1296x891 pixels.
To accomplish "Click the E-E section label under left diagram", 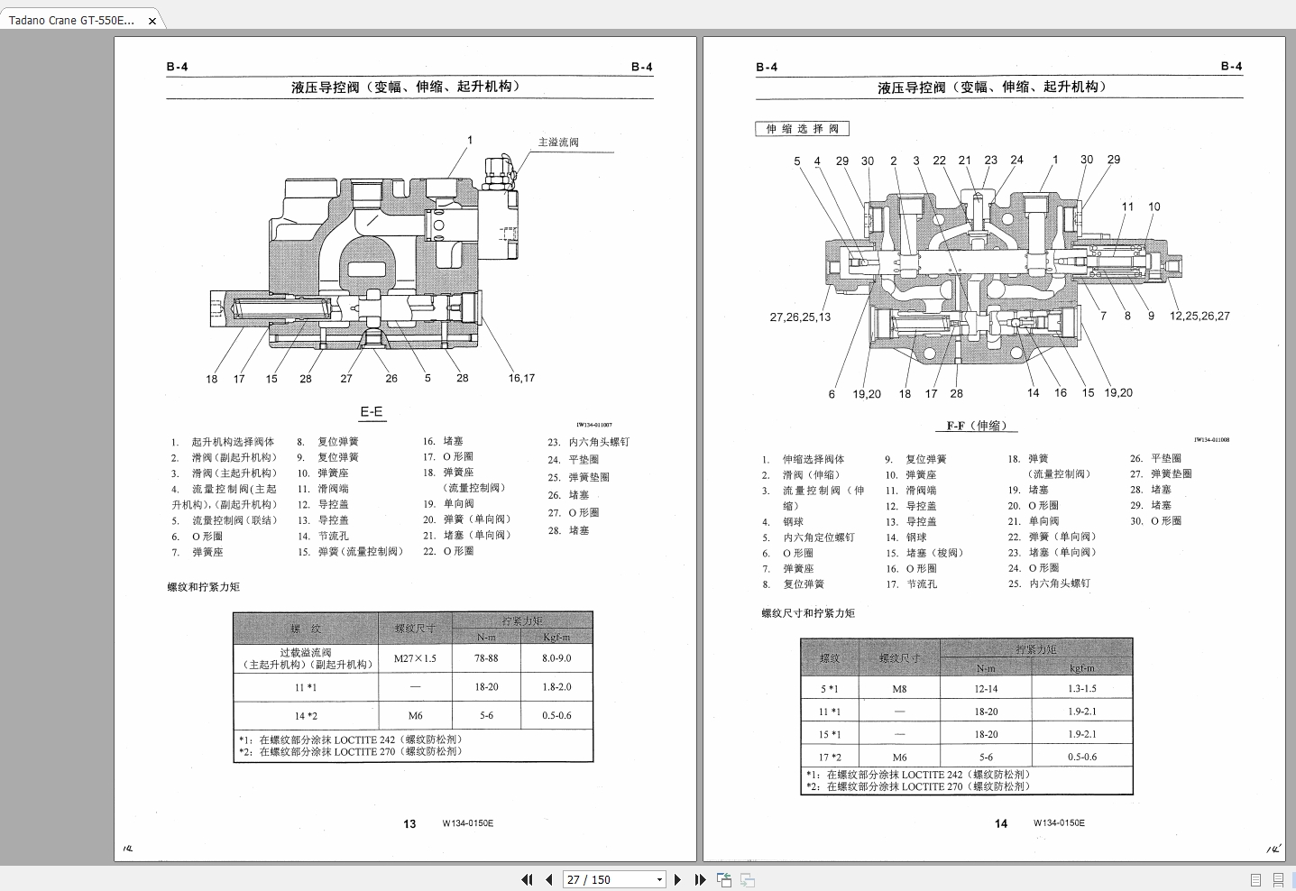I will [x=372, y=412].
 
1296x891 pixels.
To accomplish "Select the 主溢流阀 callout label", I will [x=558, y=142].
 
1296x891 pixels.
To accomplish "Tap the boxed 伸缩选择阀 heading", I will [x=802, y=129].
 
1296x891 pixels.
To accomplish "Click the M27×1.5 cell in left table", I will [x=415, y=658].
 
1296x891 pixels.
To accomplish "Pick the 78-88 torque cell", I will [x=486, y=658].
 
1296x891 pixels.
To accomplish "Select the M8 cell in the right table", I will [x=899, y=689].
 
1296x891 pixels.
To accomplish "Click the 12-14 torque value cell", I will [x=986, y=689].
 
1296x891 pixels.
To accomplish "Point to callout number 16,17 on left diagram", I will [x=521, y=378].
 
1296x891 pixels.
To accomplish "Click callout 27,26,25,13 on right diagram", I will [x=800, y=317].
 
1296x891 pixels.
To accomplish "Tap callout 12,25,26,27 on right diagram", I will [x=1199, y=316].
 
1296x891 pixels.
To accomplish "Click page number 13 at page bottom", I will [x=409, y=823].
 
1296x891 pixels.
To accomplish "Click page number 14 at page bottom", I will [x=1001, y=823].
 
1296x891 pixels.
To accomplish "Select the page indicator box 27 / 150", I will [x=613, y=879].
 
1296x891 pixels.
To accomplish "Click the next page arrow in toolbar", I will [x=678, y=879].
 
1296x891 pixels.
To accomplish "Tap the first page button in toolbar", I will [x=528, y=879].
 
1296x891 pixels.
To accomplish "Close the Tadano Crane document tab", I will [x=152, y=20].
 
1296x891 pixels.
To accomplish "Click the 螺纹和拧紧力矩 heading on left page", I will [x=204, y=587].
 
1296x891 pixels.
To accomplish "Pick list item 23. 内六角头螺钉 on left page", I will [x=589, y=442].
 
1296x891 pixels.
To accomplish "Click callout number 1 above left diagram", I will [x=469, y=140].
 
